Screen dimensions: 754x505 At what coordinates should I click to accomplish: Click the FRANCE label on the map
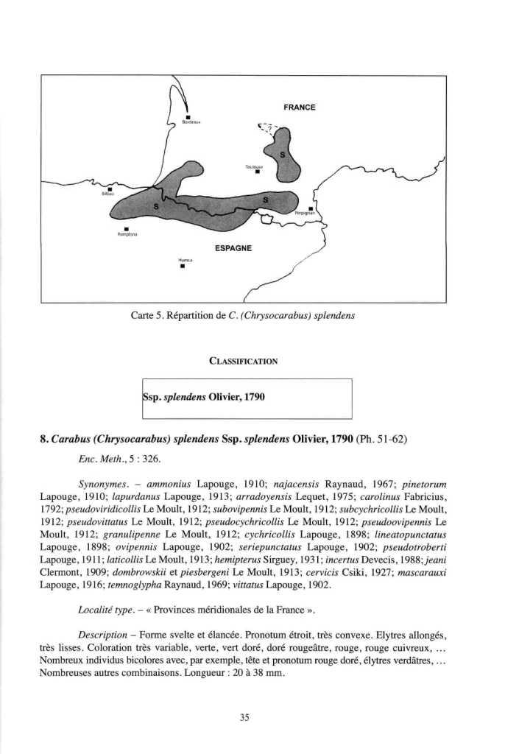(x=300, y=108)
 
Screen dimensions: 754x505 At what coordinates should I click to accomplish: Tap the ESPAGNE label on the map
(x=233, y=249)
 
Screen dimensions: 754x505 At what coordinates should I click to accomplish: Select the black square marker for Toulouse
(x=258, y=174)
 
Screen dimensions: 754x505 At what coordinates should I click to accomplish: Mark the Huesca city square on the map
(x=183, y=267)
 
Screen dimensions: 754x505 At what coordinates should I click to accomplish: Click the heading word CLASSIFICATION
(x=242, y=362)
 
